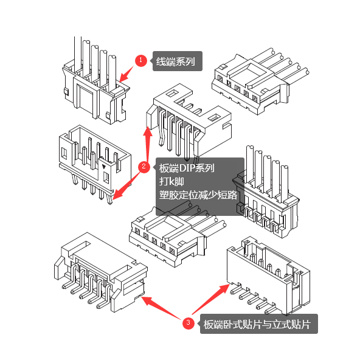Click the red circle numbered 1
pyautogui.click(x=140, y=61)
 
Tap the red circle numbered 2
pyautogui.click(x=144, y=167)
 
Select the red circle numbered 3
pyautogui.click(x=189, y=323)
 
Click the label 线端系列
pyautogui.click(x=176, y=61)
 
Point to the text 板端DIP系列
pyautogui.click(x=187, y=168)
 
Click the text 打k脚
pyautogui.click(x=171, y=182)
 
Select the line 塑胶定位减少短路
pyautogui.click(x=198, y=195)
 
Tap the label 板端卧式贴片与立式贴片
pyautogui.click(x=257, y=324)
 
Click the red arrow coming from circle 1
pyautogui.click(x=126, y=74)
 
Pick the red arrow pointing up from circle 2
pyautogui.click(x=148, y=143)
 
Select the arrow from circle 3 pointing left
pyautogui.click(x=161, y=308)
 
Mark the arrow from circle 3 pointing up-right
pyautogui.click(x=211, y=299)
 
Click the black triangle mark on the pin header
pyautogui.click(x=104, y=167)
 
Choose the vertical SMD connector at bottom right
pyautogui.click(x=269, y=275)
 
